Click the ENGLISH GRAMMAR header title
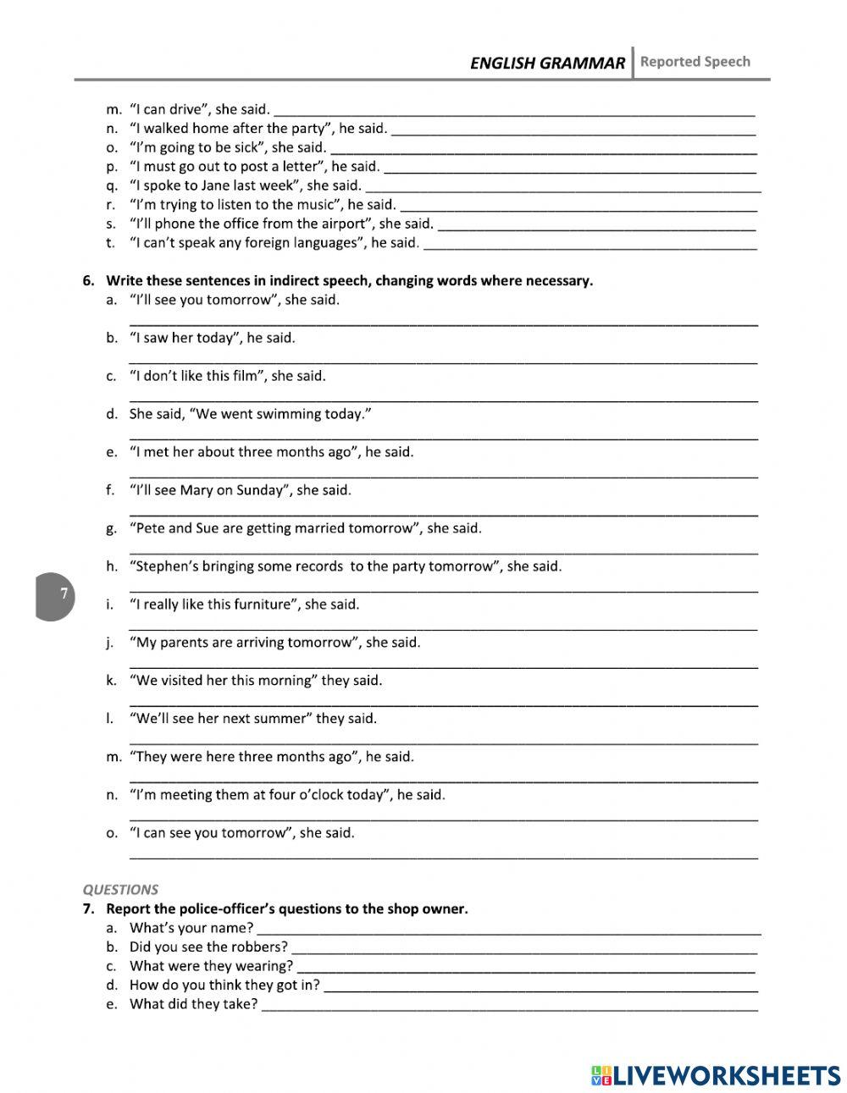point(547,63)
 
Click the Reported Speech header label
point(695,61)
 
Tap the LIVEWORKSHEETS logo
point(715,1074)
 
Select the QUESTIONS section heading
point(120,889)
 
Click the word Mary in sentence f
point(197,490)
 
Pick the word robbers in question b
point(260,947)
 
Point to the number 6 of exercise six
point(87,280)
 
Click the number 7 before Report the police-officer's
point(87,908)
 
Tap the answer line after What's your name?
point(508,929)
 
